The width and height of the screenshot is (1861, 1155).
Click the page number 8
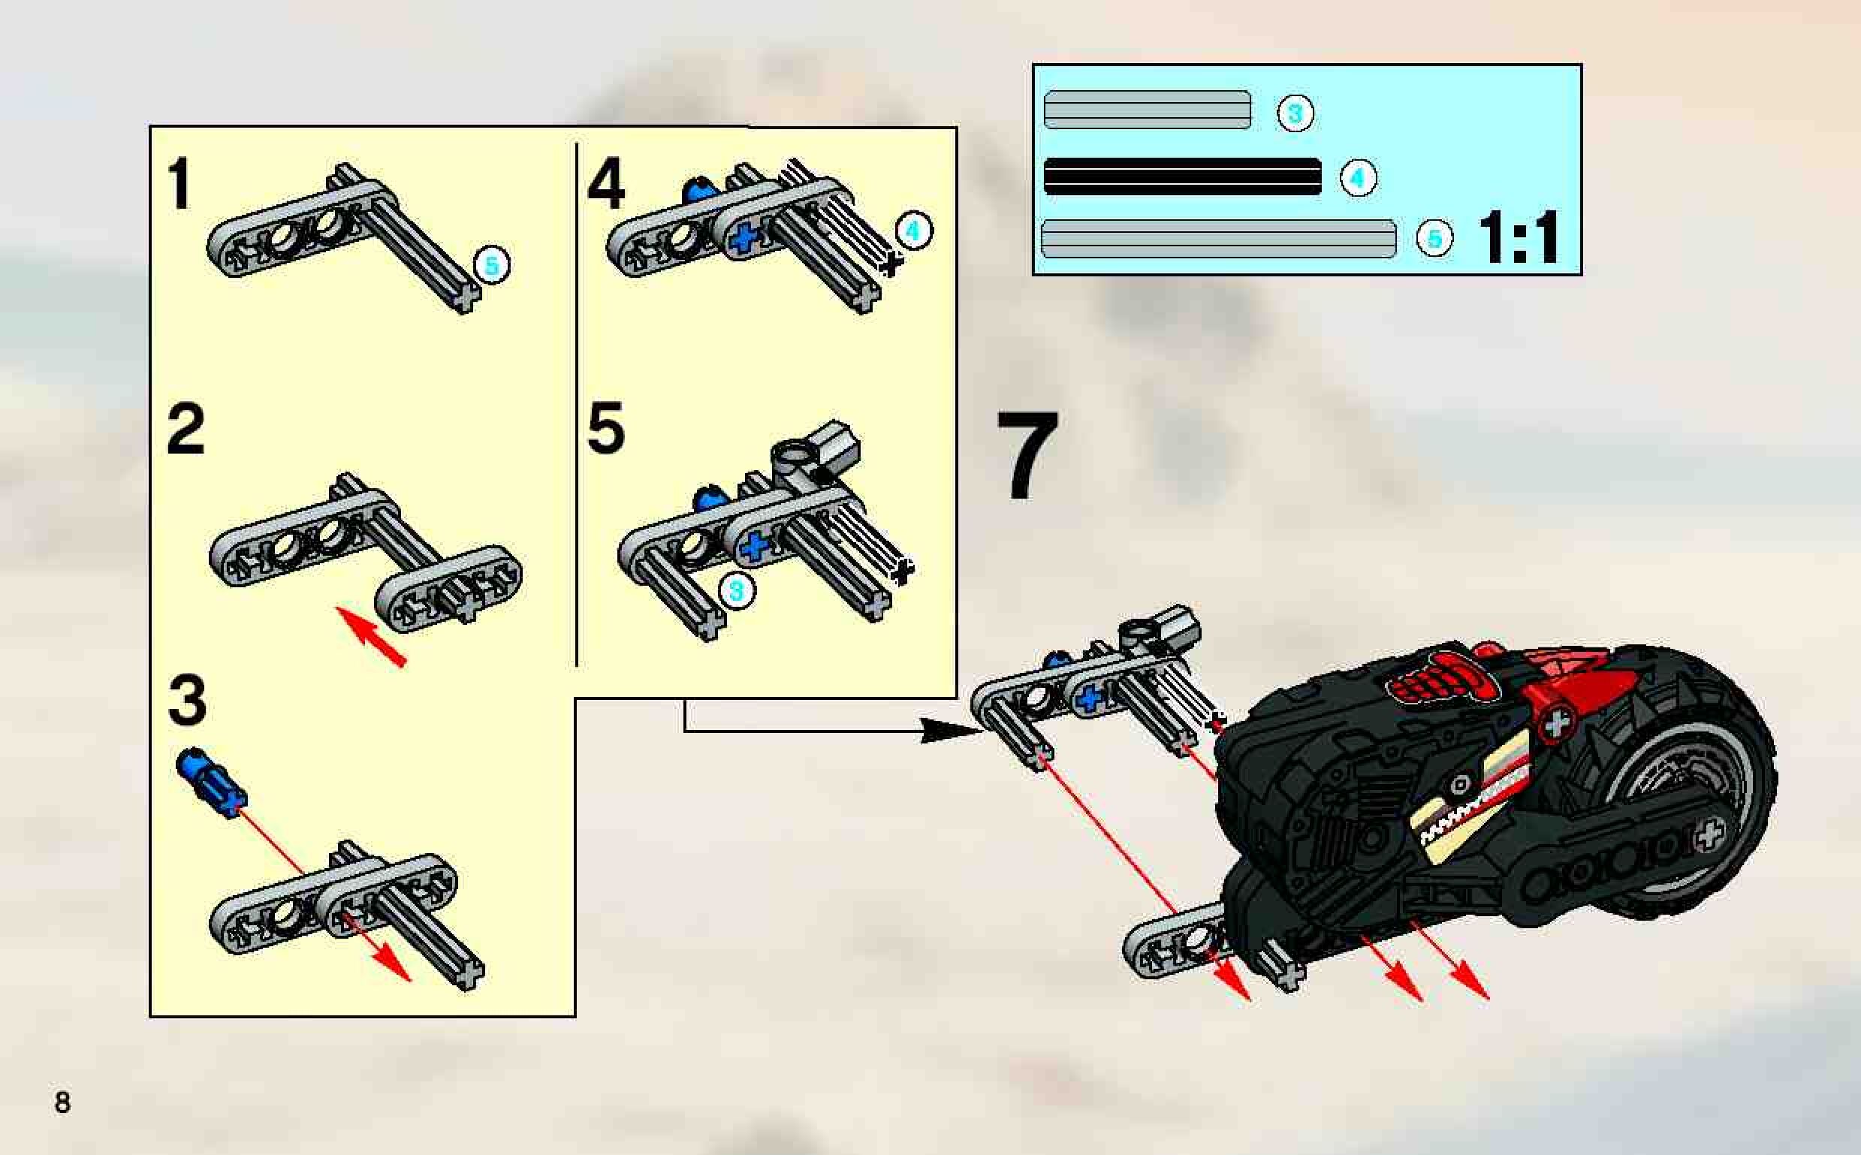click(62, 1102)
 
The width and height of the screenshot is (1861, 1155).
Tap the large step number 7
click(1027, 455)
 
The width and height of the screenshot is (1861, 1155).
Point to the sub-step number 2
click(185, 429)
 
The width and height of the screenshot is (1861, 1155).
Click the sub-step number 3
click(187, 701)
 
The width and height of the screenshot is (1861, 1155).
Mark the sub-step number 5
click(607, 429)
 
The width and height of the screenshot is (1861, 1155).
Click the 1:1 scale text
click(1519, 237)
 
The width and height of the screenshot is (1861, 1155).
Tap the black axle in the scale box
click(1182, 177)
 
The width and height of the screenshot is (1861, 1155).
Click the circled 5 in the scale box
click(1434, 238)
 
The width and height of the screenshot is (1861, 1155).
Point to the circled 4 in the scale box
click(1358, 178)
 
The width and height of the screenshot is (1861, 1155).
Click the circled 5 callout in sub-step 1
click(491, 265)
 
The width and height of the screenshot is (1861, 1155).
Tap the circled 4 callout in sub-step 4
click(914, 231)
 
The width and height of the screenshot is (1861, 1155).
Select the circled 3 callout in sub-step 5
click(736, 590)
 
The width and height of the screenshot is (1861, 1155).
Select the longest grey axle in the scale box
click(1217, 238)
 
